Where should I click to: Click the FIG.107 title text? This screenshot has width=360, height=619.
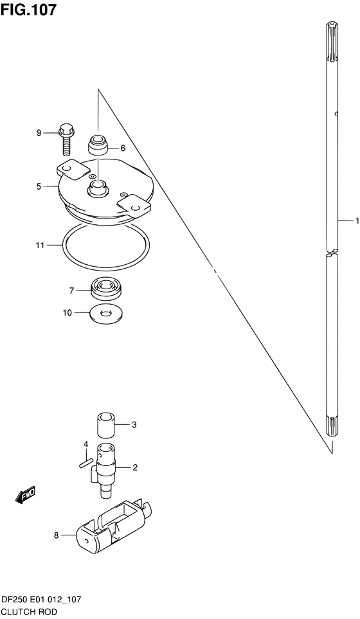tap(28, 10)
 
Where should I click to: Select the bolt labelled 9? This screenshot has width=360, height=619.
tap(65, 139)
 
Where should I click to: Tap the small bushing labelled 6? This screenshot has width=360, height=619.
tap(98, 147)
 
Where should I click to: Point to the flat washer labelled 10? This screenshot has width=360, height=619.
tap(105, 314)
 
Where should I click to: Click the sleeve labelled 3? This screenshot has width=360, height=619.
tap(106, 426)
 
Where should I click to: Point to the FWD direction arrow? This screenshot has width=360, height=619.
tap(26, 494)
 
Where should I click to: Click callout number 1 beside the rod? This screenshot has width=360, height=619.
tap(357, 220)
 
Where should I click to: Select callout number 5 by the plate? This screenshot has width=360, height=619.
tap(39, 186)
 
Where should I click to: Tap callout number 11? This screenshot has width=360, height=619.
tap(39, 246)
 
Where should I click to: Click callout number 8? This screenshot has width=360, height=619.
tap(57, 535)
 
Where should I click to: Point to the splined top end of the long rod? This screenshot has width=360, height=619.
tap(332, 44)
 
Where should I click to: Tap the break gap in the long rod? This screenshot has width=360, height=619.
tap(332, 252)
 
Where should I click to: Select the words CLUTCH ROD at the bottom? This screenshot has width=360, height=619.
tap(29, 613)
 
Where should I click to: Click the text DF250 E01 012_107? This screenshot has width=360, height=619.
tap(41, 600)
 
